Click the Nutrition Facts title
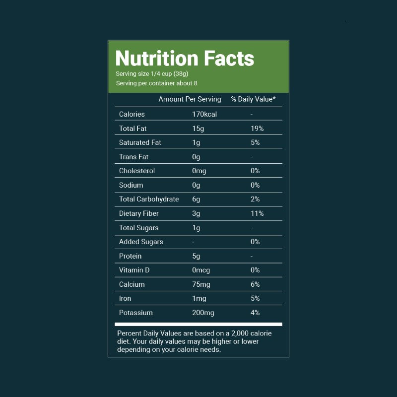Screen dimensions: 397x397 tap(185, 59)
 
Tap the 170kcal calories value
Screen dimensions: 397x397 tap(204, 114)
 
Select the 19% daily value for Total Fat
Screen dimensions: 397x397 tap(257, 129)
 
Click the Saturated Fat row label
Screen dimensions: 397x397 tap(140, 142)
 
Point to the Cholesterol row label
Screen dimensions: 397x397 tap(137, 171)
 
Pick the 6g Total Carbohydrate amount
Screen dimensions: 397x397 tap(197, 199)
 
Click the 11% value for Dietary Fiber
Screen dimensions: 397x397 tap(257, 213)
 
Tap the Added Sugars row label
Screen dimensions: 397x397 tap(141, 242)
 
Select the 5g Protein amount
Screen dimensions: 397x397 tap(197, 256)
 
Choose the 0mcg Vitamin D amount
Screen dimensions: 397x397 tap(201, 270)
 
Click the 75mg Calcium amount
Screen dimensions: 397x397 tap(202, 284)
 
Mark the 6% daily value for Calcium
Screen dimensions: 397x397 tap(255, 284)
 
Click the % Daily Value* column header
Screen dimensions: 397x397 tap(253, 99)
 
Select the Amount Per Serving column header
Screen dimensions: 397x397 tap(190, 99)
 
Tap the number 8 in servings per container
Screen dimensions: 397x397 tap(196, 83)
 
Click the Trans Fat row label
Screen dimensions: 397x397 tap(133, 157)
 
